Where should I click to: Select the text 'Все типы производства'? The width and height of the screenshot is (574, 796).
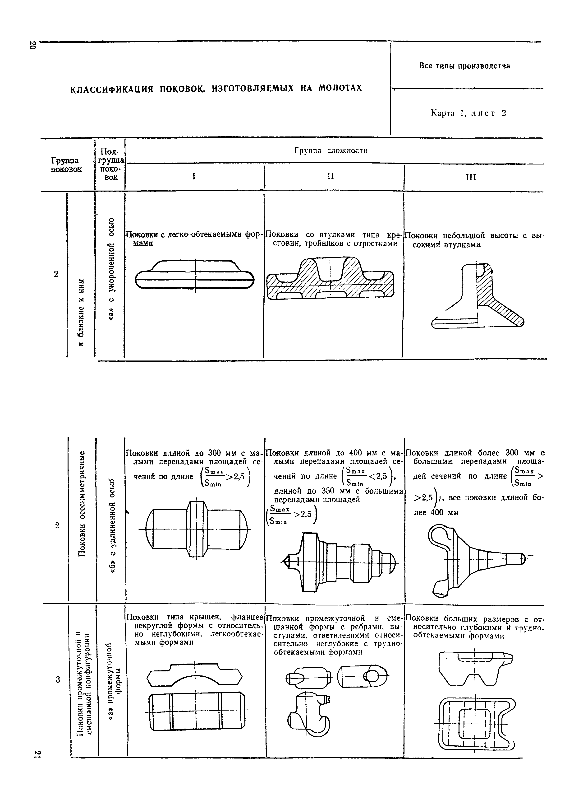[x=465, y=66]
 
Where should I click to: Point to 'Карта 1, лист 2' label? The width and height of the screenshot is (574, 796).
[x=468, y=113]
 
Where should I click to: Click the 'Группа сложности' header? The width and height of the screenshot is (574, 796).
[x=331, y=151]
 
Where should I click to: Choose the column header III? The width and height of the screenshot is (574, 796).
[x=471, y=177]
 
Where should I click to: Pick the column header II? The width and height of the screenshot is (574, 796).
[x=330, y=176]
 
